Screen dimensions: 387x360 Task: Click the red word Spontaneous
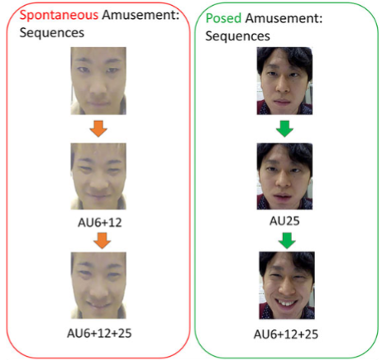click(x=59, y=15)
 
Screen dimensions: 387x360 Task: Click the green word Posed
click(x=223, y=18)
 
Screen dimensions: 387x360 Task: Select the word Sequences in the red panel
click(x=52, y=33)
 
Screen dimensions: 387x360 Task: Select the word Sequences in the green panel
click(x=237, y=36)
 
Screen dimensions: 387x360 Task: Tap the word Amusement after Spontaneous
click(x=141, y=15)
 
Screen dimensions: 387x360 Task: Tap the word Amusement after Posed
click(x=284, y=18)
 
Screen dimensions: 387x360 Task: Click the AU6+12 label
click(x=100, y=223)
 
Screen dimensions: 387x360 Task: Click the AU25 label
click(x=284, y=221)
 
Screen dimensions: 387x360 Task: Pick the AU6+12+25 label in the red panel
click(x=99, y=334)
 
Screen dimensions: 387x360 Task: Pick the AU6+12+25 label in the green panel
click(x=286, y=334)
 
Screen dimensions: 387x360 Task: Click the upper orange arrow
click(x=98, y=128)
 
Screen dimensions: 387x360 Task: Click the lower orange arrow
click(x=102, y=241)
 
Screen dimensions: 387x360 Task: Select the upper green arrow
click(x=284, y=128)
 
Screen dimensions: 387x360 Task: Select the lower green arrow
click(x=287, y=241)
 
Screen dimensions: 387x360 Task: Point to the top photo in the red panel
click(x=98, y=81)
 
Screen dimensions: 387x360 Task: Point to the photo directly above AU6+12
click(x=98, y=176)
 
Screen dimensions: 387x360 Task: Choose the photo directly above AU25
click(x=284, y=176)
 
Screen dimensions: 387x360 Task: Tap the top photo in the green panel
click(x=284, y=81)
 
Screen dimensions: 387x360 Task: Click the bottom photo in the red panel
click(x=98, y=286)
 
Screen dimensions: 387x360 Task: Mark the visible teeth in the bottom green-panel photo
click(x=287, y=304)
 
